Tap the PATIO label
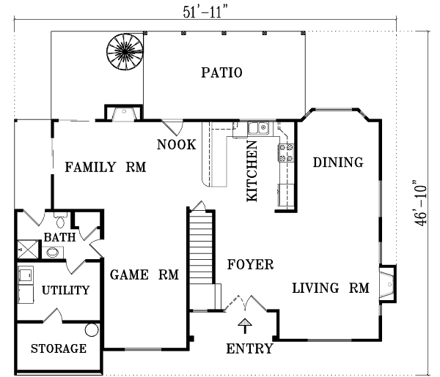click(x=221, y=72)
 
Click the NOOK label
click(x=176, y=144)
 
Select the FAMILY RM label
click(x=105, y=168)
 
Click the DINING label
click(x=338, y=163)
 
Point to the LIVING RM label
click(x=330, y=288)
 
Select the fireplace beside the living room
click(x=386, y=283)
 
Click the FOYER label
click(x=249, y=264)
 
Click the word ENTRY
click(x=249, y=348)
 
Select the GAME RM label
click(x=145, y=275)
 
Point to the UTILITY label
click(x=65, y=291)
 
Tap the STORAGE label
click(x=59, y=348)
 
